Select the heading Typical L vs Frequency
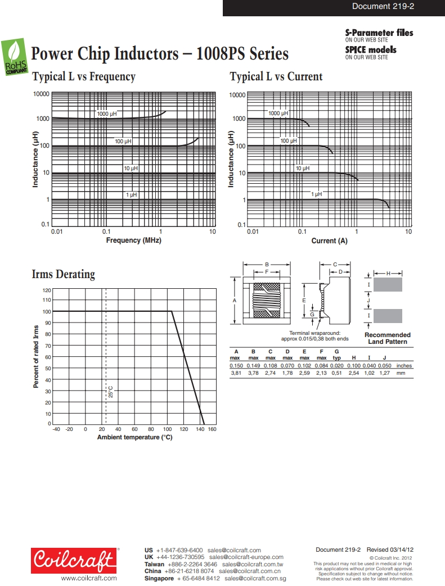[84, 77]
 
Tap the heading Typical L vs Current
[276, 77]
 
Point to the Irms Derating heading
[64, 275]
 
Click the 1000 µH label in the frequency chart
[107, 114]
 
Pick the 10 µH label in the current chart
[303, 168]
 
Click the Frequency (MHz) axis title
[133, 240]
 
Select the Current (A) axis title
[330, 241]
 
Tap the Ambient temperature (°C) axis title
[134, 437]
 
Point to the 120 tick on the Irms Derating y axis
[47, 290]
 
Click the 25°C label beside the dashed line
[111, 392]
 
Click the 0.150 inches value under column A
[236, 366]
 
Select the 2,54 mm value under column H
[353, 373]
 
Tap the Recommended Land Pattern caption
[388, 338]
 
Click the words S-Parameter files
[379, 33]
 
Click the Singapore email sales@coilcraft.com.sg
[255, 578]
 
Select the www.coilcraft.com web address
[89, 578]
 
